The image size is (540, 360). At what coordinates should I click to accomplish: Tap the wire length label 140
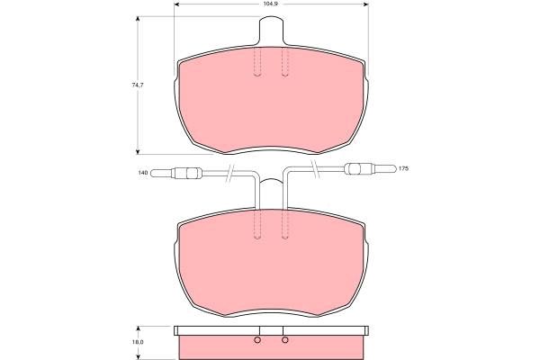[x=143, y=172]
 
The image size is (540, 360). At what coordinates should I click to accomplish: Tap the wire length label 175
[x=403, y=169]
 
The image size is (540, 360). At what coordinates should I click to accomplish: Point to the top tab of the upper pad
[x=272, y=31]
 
